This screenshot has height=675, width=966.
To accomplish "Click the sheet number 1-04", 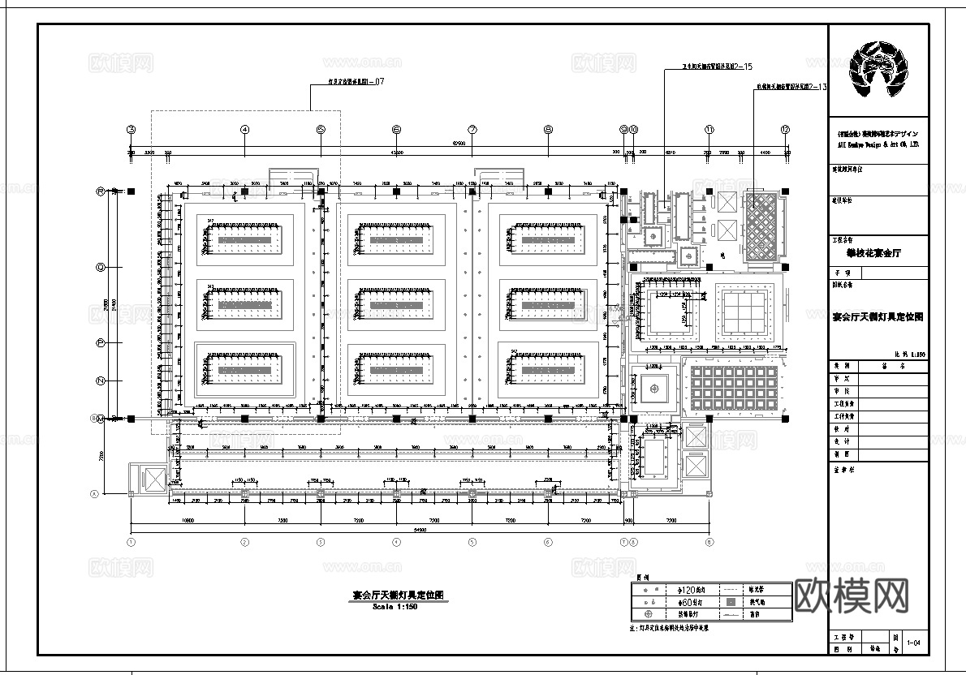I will coord(916,643).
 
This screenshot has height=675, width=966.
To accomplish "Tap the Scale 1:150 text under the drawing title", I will coord(395,606).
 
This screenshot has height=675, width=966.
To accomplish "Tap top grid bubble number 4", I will coord(244,130).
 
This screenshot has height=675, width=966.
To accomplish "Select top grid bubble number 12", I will coord(785,130).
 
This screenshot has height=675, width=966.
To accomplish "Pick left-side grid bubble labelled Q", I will coord(101,266).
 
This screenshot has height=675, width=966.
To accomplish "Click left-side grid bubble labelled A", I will coord(94,493).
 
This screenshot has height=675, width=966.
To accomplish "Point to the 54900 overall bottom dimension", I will coord(396,530).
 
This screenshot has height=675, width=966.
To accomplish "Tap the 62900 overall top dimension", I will coord(459,144).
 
